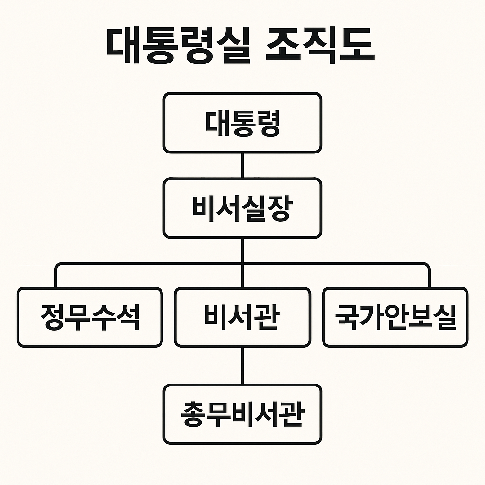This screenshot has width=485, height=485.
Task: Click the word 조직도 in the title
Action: [x=320, y=46]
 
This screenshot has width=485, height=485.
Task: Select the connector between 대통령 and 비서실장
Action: [x=242, y=165]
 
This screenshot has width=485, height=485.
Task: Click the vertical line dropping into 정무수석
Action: [x=56, y=277]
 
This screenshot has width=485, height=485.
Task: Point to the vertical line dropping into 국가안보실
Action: [x=428, y=277]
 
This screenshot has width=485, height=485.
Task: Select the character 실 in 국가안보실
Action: [x=446, y=317]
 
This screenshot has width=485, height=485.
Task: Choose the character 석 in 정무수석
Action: [x=128, y=317]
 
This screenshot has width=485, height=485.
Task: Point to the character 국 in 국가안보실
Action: [x=345, y=317]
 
